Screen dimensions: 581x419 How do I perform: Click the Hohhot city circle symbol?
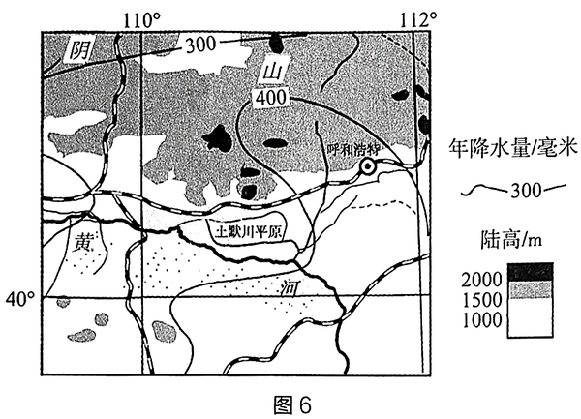367,167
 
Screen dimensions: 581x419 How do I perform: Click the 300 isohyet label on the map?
200,43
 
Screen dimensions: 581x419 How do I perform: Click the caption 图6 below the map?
290,401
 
